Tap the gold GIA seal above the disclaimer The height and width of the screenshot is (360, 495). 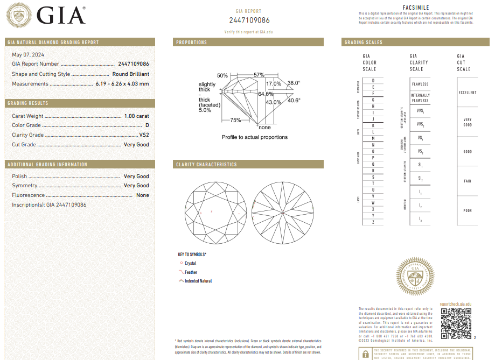click(x=415, y=278)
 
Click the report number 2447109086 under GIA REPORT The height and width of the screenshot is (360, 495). click(x=249, y=20)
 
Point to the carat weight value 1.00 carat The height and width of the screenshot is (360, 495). click(x=136, y=116)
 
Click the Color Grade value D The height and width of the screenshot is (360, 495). click(x=147, y=125)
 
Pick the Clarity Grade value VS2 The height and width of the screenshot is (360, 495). click(x=143, y=135)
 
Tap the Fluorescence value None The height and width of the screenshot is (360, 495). click(x=143, y=195)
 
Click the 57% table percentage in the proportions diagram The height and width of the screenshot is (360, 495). click(x=259, y=75)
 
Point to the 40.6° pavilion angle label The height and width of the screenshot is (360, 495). click(x=294, y=100)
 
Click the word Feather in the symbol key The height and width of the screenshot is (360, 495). click(x=191, y=272)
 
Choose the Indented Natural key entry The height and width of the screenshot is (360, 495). click(x=198, y=281)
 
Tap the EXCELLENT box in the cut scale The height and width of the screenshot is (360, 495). click(x=467, y=93)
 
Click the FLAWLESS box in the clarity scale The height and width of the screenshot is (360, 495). click(x=420, y=84)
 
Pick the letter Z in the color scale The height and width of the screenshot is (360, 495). click(x=373, y=222)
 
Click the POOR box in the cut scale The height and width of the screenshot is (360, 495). click(x=467, y=210)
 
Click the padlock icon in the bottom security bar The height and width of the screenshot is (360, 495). click(x=366, y=354)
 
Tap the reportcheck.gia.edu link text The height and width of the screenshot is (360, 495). click(x=456, y=305)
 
